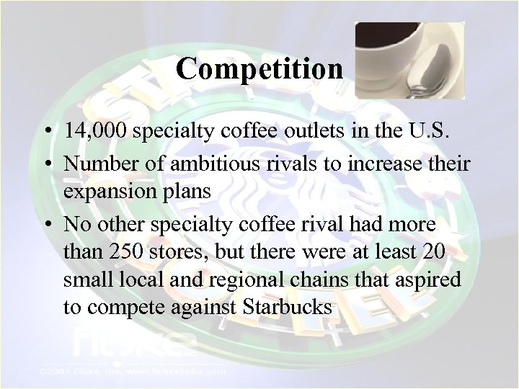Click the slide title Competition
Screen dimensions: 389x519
259,69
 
